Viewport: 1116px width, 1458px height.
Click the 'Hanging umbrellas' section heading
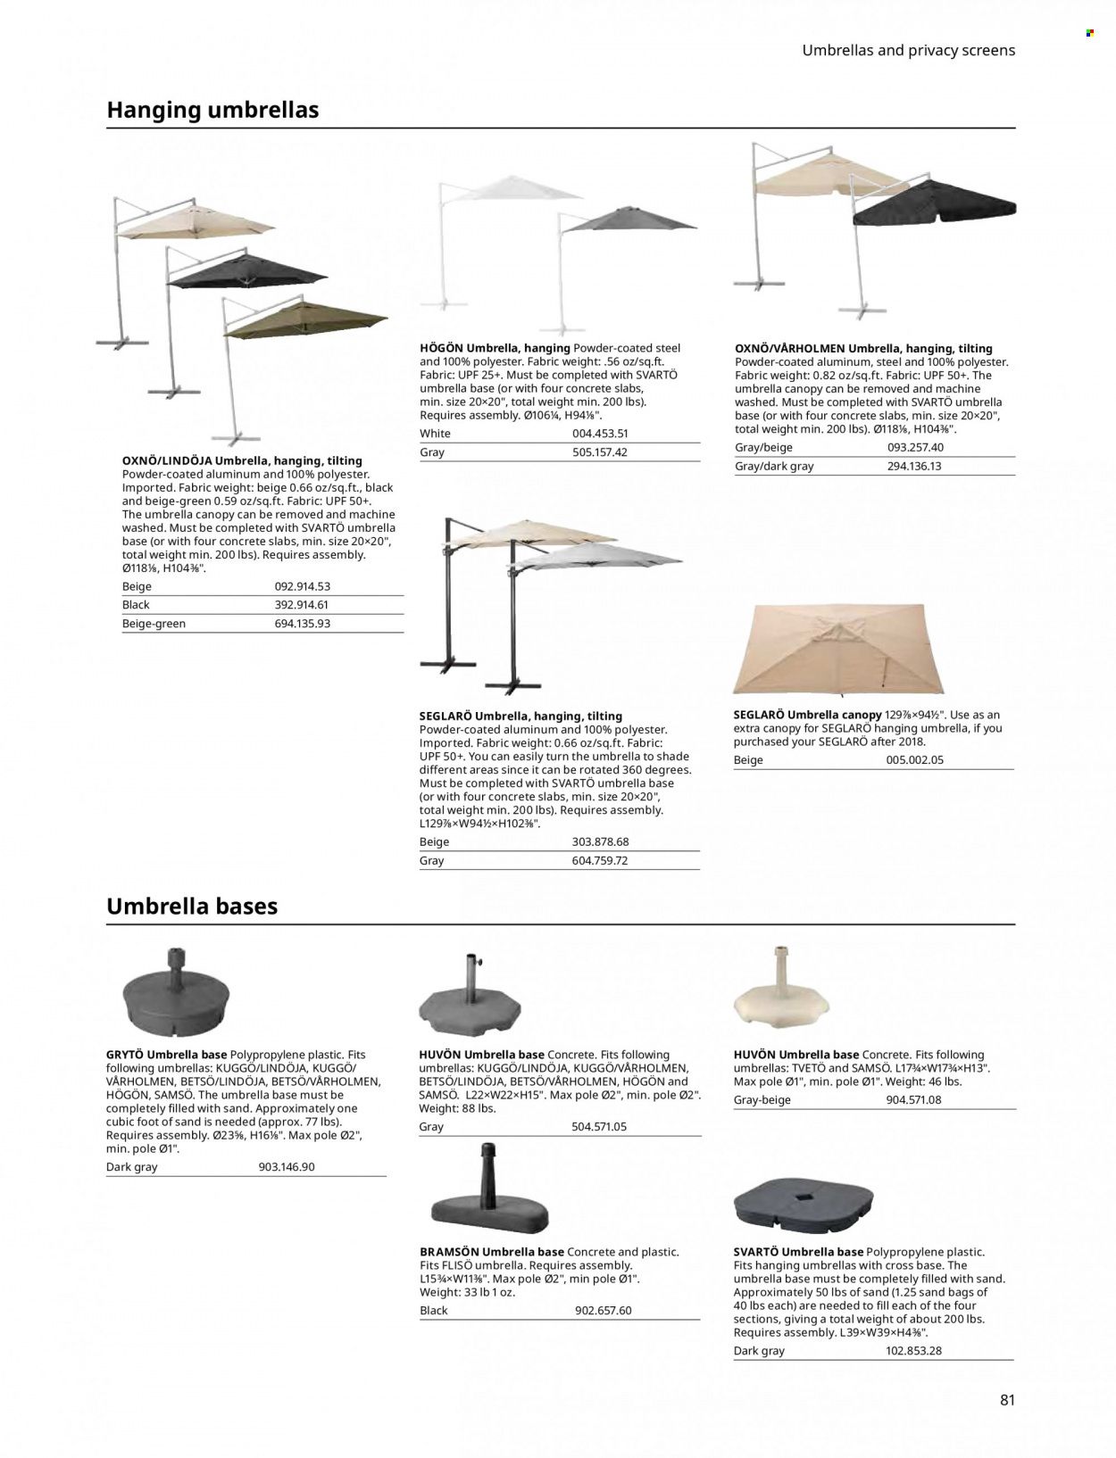coord(212,110)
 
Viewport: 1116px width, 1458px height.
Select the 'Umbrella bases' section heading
coord(192,906)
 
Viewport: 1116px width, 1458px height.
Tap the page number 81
coord(1007,1400)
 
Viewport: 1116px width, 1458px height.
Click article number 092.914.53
coord(302,586)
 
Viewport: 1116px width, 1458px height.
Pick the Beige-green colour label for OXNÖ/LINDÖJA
coord(154,624)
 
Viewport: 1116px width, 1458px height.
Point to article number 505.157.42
coord(599,452)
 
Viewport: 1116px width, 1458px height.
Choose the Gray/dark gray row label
coord(774,466)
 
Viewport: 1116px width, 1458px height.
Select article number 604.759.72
coord(599,861)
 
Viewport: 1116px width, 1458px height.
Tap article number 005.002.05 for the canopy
coord(914,760)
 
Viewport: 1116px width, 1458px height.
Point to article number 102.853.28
coord(913,1350)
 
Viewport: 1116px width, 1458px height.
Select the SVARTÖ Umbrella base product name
coord(797,1252)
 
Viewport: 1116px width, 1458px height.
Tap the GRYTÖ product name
coord(125,1055)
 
